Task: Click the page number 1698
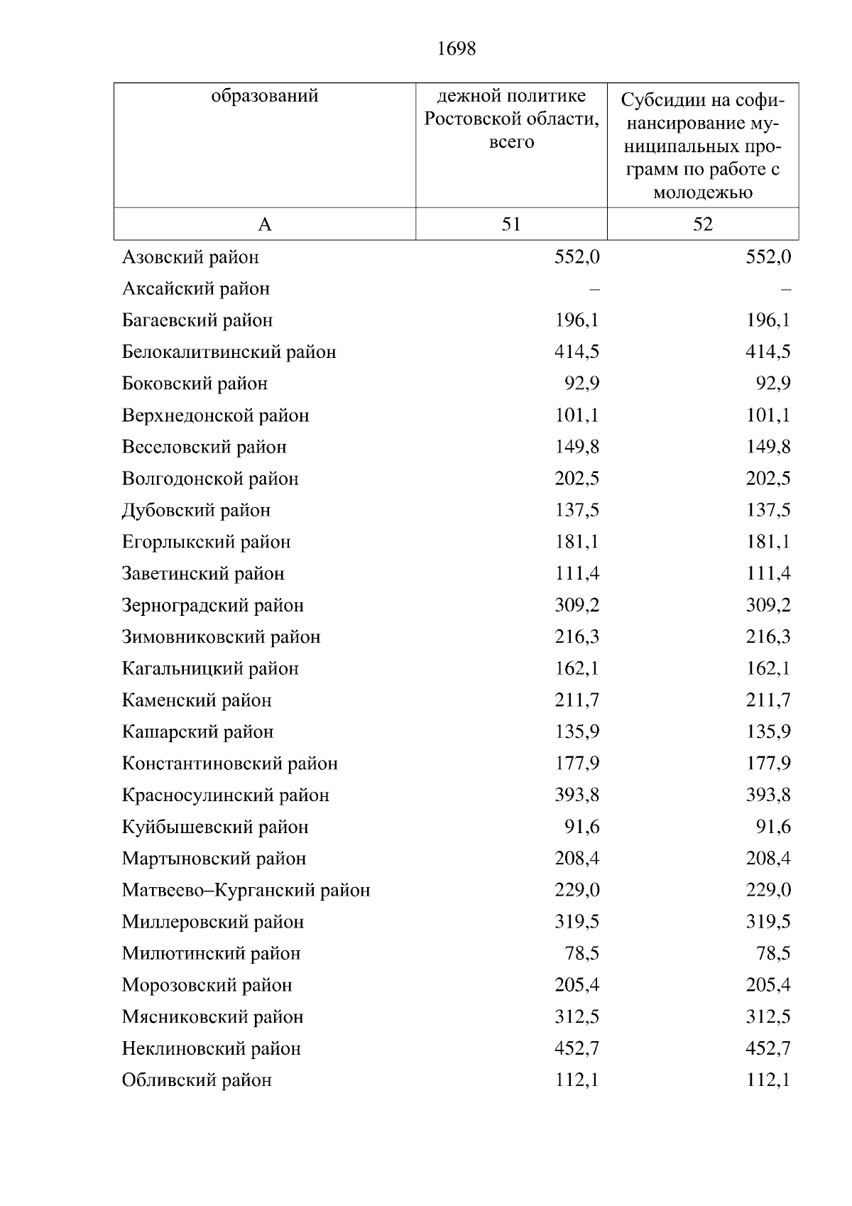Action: pyautogui.click(x=456, y=49)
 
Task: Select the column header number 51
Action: pyautogui.click(x=511, y=224)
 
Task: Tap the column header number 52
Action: pyautogui.click(x=702, y=224)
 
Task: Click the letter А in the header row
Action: pyautogui.click(x=265, y=225)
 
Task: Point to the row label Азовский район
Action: pyautogui.click(x=190, y=257)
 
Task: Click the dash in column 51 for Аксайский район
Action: pyautogui.click(x=594, y=289)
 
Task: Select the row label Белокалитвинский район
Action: pyautogui.click(x=229, y=352)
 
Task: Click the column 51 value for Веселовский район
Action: pyautogui.click(x=577, y=447)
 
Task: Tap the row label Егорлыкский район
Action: pyautogui.click(x=206, y=542)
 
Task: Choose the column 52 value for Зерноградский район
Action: pyautogui.click(x=768, y=605)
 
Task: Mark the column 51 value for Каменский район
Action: pyautogui.click(x=577, y=700)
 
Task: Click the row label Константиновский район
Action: pyautogui.click(x=229, y=764)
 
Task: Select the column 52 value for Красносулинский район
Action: pyautogui.click(x=768, y=795)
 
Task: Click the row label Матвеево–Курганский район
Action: pyautogui.click(x=246, y=890)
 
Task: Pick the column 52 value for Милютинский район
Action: pyautogui.click(x=773, y=953)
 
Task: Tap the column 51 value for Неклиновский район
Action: pyautogui.click(x=577, y=1048)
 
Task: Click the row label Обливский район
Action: pyautogui.click(x=197, y=1080)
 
